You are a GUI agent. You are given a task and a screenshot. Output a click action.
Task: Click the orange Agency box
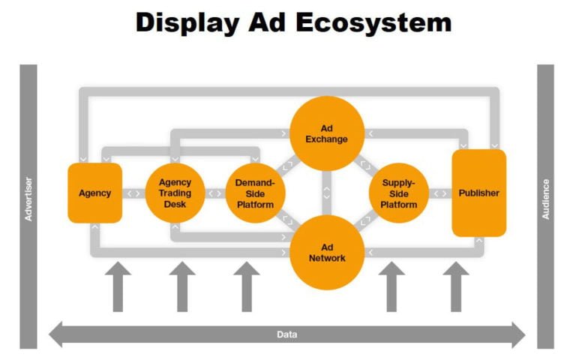point(95,193)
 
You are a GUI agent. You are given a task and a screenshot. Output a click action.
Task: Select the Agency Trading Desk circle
point(175,193)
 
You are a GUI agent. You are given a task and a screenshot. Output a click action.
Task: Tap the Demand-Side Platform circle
point(255,193)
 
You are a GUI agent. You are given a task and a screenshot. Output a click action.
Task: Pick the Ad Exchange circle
point(327,133)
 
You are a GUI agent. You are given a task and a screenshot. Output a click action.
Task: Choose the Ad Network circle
point(327,252)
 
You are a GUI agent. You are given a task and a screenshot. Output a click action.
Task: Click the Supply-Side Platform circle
point(398,193)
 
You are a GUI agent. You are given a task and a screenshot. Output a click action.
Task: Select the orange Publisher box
point(479,193)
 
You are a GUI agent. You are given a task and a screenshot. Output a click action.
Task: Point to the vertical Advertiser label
point(28,199)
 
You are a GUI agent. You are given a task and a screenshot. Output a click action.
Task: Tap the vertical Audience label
point(545,199)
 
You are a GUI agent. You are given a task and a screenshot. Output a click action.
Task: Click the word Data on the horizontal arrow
point(287,334)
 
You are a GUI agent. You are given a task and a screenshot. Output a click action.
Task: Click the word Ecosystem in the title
point(373,22)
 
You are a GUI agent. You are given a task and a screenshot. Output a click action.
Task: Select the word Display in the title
point(187,23)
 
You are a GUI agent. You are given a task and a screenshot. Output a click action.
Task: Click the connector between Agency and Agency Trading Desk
point(133,193)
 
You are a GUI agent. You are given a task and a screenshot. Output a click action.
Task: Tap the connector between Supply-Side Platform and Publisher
point(440,193)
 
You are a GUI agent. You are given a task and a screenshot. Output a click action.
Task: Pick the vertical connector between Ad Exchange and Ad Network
point(327,193)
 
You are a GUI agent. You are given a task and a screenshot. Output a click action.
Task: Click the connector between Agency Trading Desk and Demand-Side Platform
point(215,193)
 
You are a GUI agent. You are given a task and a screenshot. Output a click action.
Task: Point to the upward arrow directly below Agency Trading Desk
point(182,286)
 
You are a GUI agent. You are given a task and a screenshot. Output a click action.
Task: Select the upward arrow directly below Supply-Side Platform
point(391,286)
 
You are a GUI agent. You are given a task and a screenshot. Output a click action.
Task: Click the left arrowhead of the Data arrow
point(56,334)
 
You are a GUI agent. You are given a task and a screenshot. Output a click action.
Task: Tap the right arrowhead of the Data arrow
point(518,334)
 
